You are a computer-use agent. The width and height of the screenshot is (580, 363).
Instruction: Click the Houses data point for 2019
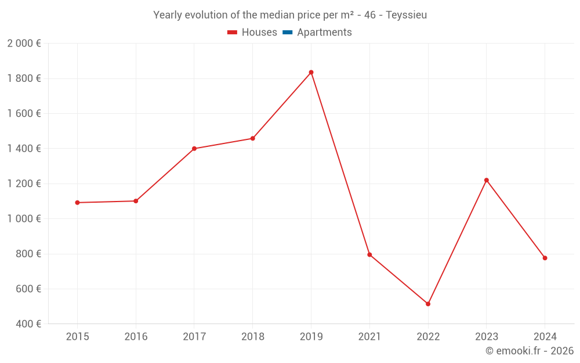point(311,73)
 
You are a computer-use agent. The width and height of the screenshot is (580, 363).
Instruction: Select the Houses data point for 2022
point(428,304)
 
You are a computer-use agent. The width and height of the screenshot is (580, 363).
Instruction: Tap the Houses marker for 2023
point(487,180)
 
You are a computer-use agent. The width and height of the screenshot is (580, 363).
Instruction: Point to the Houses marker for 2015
point(77,203)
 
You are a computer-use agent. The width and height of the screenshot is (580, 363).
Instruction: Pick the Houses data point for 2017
point(194,149)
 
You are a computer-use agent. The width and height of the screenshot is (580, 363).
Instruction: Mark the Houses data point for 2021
point(369,254)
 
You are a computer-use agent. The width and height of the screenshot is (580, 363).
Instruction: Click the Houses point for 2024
point(545,258)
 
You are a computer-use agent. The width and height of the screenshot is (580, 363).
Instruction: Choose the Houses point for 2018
point(252,138)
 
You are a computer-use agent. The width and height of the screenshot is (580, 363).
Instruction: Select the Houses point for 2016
point(136,201)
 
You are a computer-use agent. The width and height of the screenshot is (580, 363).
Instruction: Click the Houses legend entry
point(252,33)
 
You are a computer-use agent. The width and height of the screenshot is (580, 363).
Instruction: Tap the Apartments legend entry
point(317,33)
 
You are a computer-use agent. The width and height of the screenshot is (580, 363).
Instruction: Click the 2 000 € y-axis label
point(24,44)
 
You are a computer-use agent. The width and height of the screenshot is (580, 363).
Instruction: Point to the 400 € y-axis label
point(28,324)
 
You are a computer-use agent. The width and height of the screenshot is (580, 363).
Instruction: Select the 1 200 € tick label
point(24,184)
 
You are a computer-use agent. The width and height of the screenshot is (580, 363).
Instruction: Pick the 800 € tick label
point(28,254)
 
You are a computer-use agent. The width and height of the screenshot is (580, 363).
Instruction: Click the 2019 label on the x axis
point(311,337)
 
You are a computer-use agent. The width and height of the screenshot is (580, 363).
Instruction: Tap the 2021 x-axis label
point(369,337)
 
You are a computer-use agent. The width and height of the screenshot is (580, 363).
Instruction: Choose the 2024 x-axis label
point(545,337)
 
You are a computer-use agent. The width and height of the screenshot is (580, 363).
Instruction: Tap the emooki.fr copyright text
point(530,351)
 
